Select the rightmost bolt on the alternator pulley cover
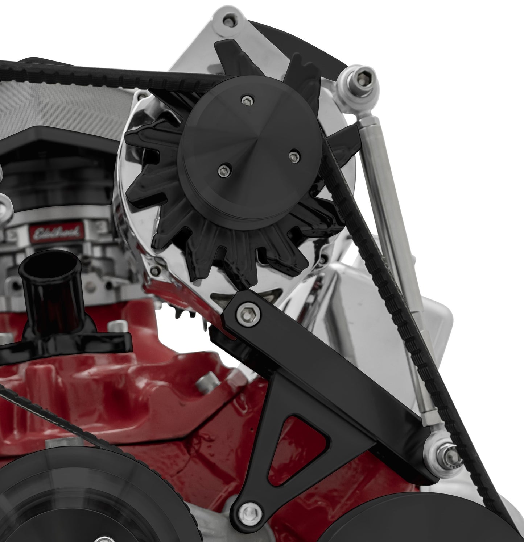[x=293, y=156]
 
